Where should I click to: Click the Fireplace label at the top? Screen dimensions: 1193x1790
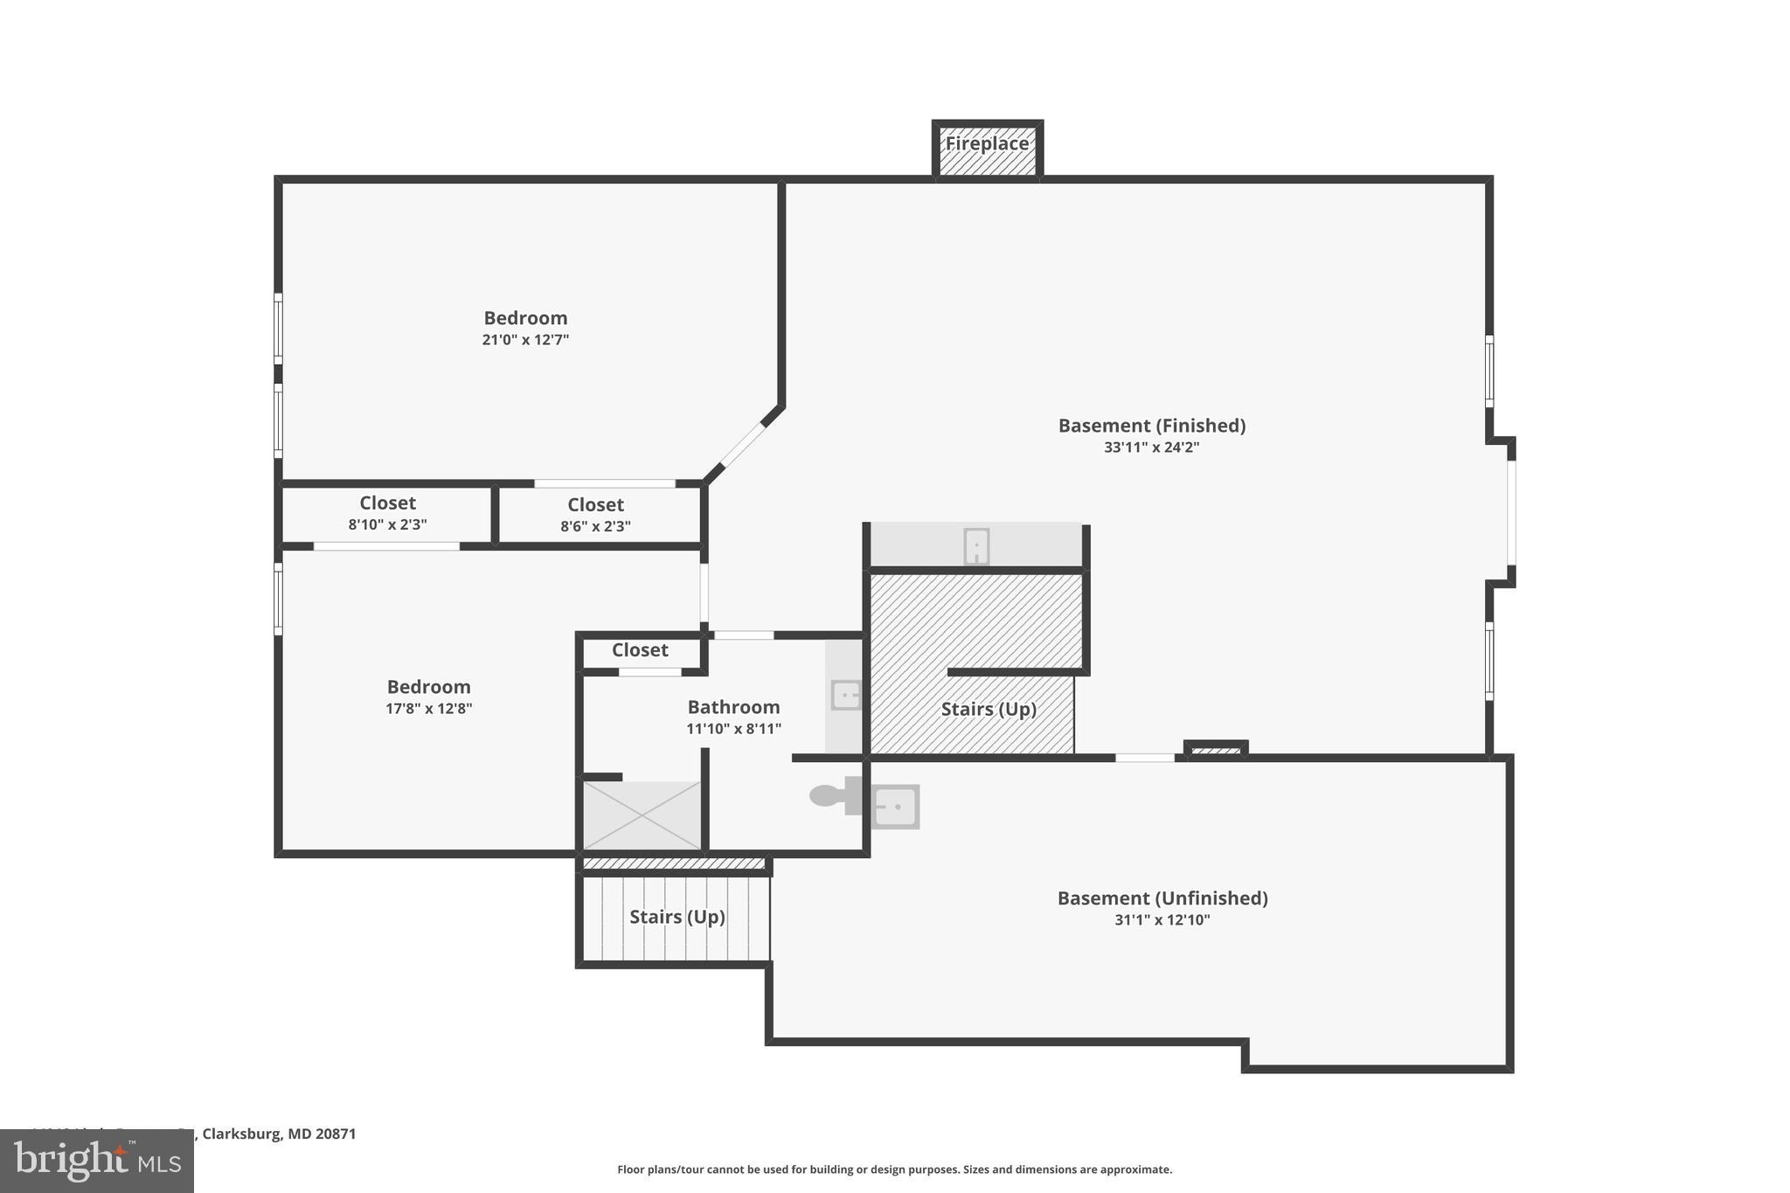click(x=987, y=144)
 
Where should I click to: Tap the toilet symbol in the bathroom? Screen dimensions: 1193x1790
click(x=831, y=795)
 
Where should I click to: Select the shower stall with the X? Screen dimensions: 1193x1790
click(x=642, y=815)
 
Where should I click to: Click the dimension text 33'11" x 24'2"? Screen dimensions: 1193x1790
click(x=1151, y=447)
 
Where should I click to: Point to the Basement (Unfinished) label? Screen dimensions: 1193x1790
click(x=1162, y=898)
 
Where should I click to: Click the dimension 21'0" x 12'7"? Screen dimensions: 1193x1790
click(x=525, y=340)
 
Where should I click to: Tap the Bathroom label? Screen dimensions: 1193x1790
click(x=733, y=707)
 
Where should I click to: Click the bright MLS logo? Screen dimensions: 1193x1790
click(x=97, y=1162)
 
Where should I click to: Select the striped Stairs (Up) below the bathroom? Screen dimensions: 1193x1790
click(x=676, y=917)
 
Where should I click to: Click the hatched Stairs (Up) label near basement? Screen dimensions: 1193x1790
click(x=989, y=709)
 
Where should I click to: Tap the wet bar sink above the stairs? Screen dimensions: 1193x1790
click(x=976, y=547)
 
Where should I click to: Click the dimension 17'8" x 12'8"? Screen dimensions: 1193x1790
click(x=428, y=709)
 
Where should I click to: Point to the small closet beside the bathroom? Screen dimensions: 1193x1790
click(x=640, y=650)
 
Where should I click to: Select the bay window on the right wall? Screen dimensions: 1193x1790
click(x=1511, y=513)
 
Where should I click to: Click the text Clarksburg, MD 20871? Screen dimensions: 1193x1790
click(x=279, y=1134)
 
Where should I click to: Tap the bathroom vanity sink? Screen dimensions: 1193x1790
click(x=845, y=696)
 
